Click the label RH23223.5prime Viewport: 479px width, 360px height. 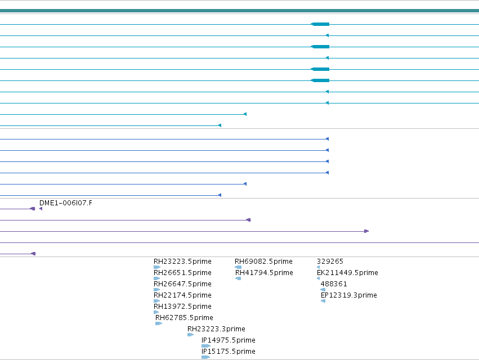click(182, 262)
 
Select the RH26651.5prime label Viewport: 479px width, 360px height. click(182, 273)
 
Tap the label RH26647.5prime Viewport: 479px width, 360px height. click(182, 284)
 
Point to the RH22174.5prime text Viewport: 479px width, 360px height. click(182, 295)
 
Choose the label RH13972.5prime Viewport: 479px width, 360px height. click(182, 307)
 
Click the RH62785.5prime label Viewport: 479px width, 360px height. click(184, 318)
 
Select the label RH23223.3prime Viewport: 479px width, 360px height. click(216, 329)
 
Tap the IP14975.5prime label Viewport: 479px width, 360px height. click(229, 340)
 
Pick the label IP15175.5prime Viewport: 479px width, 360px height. click(229, 352)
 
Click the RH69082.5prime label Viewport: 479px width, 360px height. click(263, 262)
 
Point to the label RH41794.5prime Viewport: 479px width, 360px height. click(264, 273)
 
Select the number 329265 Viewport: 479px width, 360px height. click(330, 262)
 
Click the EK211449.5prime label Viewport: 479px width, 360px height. click(347, 273)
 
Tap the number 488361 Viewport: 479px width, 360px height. click(334, 284)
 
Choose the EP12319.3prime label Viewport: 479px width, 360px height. click(349, 295)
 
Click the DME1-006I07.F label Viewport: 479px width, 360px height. click(66, 203)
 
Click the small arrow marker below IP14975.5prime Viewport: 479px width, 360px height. click(206, 346)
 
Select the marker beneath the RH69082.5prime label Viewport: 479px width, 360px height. click(238, 267)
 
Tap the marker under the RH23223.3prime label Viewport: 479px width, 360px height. click(190, 335)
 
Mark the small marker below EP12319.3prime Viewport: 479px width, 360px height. click(323, 301)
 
